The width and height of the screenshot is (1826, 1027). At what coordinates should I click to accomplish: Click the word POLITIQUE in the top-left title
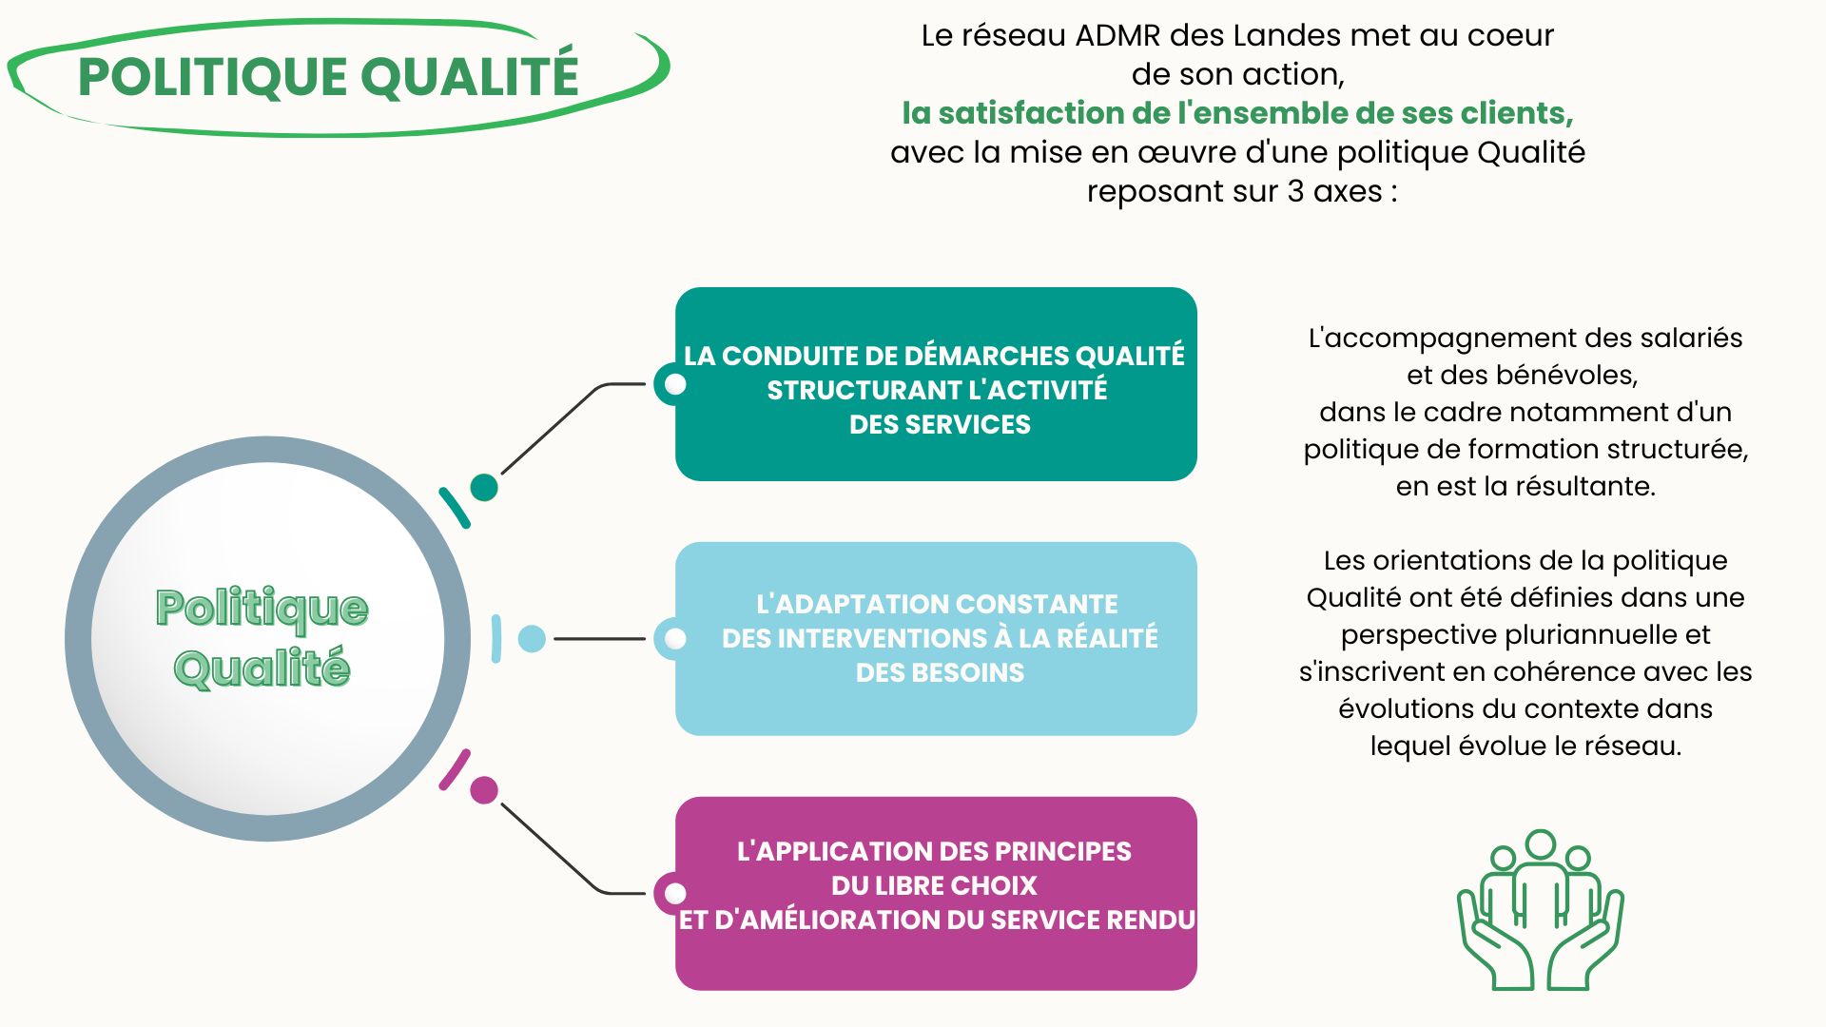pos(212,76)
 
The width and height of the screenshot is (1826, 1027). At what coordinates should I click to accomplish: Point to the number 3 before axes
pos(1295,191)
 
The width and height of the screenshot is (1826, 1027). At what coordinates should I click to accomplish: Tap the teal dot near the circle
pos(484,487)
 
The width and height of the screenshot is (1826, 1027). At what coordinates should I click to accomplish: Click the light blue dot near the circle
pos(532,639)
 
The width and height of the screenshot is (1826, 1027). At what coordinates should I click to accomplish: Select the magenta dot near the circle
pos(484,790)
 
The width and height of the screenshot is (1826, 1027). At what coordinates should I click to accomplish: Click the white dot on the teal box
pos(675,384)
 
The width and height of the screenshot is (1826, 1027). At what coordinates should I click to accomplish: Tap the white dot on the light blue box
pos(675,639)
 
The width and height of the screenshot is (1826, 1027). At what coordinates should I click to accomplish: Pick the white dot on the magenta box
pos(675,894)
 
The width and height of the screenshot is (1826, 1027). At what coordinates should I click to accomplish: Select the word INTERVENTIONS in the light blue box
pos(859,638)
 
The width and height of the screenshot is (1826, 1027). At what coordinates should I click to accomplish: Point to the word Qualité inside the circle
pos(262,668)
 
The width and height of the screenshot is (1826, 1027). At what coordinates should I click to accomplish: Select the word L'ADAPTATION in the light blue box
pos(851,604)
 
